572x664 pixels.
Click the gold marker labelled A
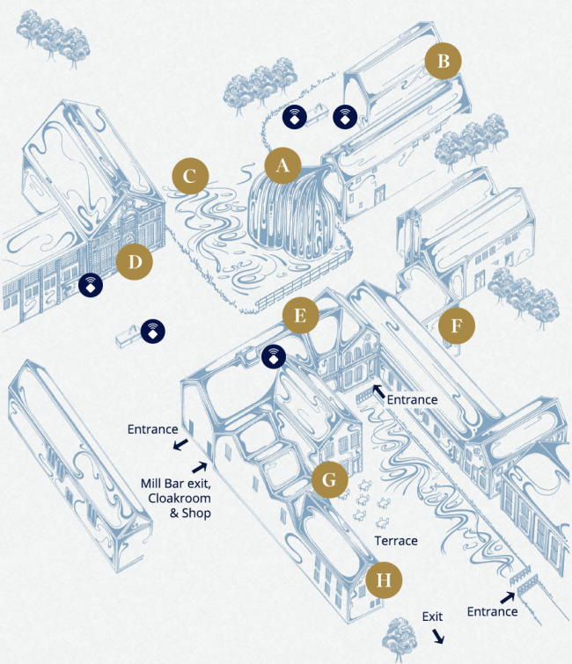click(x=282, y=164)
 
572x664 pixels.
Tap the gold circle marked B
click(x=444, y=61)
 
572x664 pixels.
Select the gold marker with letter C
click(x=190, y=175)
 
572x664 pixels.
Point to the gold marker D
click(x=135, y=261)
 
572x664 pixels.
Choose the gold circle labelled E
click(x=300, y=317)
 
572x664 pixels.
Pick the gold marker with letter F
click(x=455, y=325)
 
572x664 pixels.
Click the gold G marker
click(x=329, y=480)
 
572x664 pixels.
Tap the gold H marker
click(x=383, y=580)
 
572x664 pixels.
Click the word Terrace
click(x=394, y=541)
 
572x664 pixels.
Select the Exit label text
click(x=432, y=617)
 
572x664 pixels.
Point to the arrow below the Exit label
click(x=437, y=636)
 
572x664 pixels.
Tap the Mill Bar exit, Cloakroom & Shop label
click(x=175, y=498)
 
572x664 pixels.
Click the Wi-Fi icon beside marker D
click(x=91, y=284)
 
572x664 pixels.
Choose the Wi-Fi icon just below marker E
click(x=275, y=355)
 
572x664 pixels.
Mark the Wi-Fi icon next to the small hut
click(x=154, y=331)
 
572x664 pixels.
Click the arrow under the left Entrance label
click(x=180, y=445)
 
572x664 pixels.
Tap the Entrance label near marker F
click(x=412, y=400)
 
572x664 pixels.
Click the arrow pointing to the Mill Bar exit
click(x=200, y=467)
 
